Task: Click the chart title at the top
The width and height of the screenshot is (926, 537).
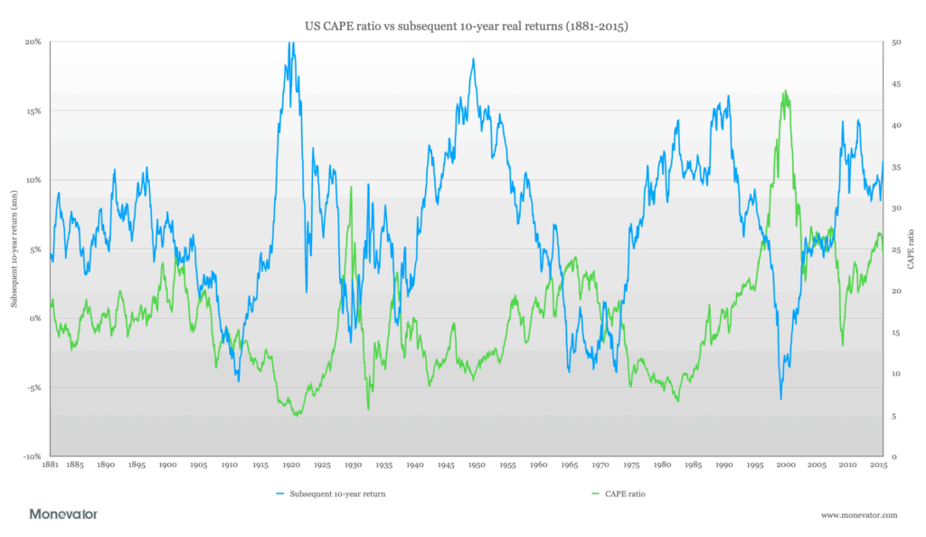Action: [x=463, y=26]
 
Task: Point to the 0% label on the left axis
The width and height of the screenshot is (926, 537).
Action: [x=37, y=319]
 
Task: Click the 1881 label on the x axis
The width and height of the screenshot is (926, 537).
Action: [x=51, y=465]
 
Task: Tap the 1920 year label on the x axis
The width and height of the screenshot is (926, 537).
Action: [x=291, y=465]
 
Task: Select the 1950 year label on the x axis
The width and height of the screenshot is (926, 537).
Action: [x=477, y=465]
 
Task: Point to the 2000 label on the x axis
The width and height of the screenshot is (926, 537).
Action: [x=786, y=465]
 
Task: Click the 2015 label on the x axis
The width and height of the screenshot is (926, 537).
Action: [x=878, y=465]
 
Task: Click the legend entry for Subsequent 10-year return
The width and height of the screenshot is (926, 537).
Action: [x=332, y=494]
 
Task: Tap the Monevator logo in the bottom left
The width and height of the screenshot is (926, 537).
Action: [x=63, y=514]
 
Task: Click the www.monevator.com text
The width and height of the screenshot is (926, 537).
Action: [x=859, y=515]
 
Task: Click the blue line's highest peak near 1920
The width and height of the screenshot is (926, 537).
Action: [x=290, y=43]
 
